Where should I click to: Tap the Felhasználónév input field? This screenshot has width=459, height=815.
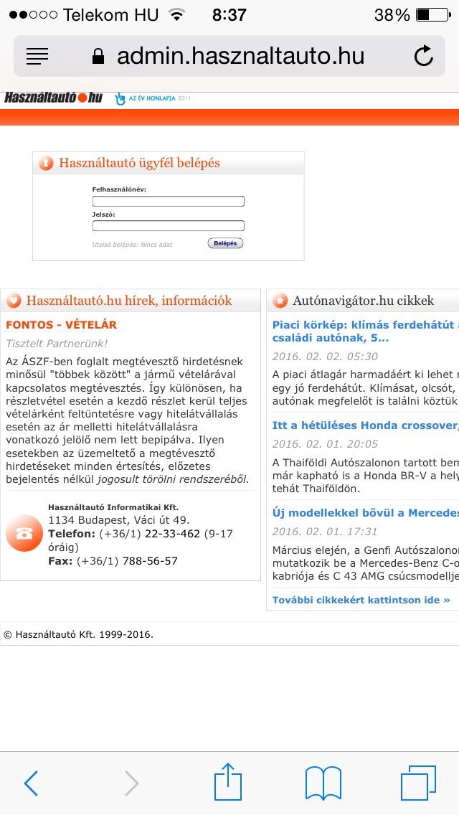168,202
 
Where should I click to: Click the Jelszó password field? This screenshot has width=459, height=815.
168,226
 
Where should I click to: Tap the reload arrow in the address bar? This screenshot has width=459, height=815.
424,56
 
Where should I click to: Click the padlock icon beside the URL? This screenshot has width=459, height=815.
98,57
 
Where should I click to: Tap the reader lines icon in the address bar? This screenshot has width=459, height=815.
37,56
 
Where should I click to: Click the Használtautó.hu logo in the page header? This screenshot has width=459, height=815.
53,98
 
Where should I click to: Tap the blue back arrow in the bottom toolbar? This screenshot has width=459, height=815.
31,783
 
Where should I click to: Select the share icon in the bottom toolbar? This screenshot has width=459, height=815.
228,781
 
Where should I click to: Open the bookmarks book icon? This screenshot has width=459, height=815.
323,783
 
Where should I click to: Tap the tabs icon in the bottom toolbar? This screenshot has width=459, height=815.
418,783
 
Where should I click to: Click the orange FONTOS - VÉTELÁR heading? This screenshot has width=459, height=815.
61,325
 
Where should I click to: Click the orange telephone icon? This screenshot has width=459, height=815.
24,533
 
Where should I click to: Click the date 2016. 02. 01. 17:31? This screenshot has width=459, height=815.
324,532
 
